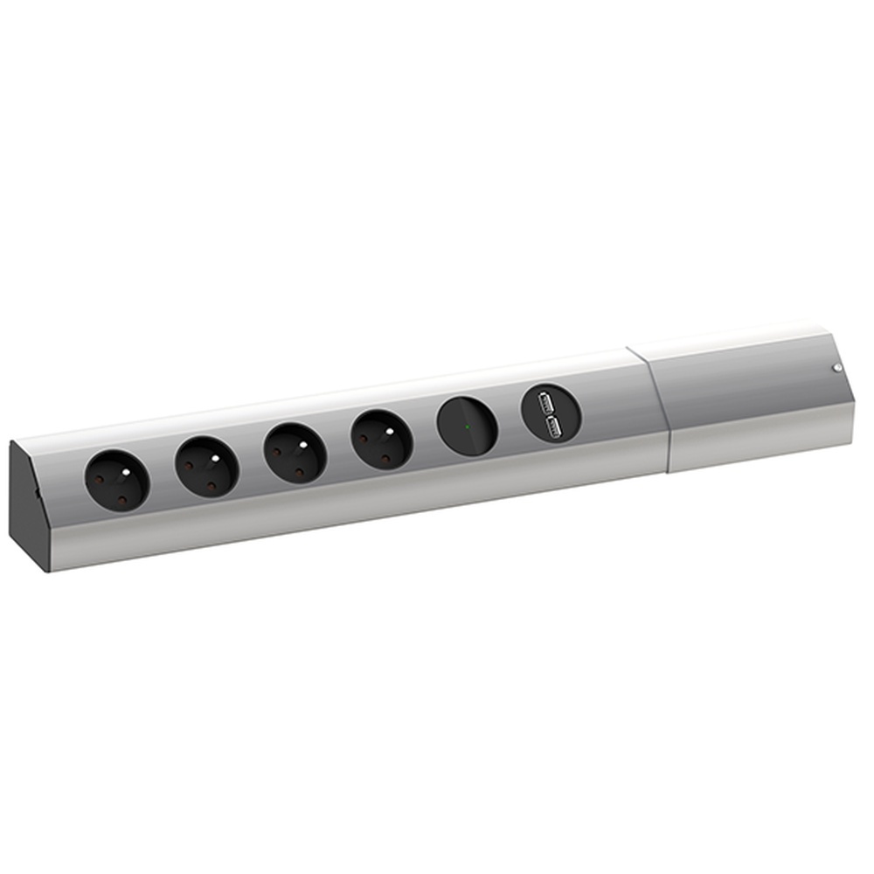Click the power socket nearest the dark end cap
click(116, 480)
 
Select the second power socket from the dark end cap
click(206, 468)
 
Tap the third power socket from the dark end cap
click(295, 453)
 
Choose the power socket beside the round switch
click(381, 440)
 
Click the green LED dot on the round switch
click(468, 427)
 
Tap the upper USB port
click(549, 403)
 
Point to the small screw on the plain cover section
click(836, 369)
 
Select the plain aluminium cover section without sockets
click(743, 398)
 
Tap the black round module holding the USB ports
click(551, 414)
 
